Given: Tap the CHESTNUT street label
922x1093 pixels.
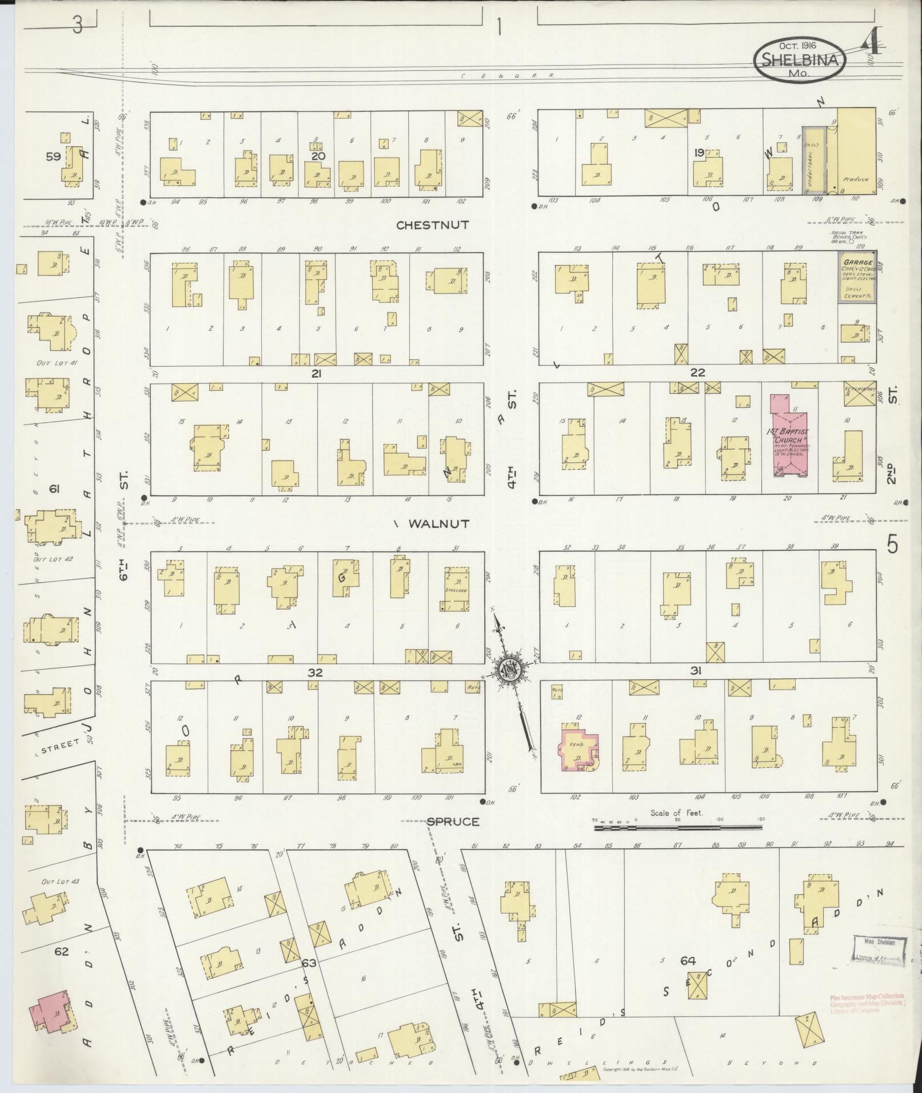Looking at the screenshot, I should click(x=433, y=225).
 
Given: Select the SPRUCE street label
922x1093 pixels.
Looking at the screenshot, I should click(x=453, y=822).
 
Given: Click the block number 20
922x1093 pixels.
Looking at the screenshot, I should click(x=318, y=156).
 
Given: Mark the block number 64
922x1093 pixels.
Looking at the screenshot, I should click(x=688, y=961).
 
